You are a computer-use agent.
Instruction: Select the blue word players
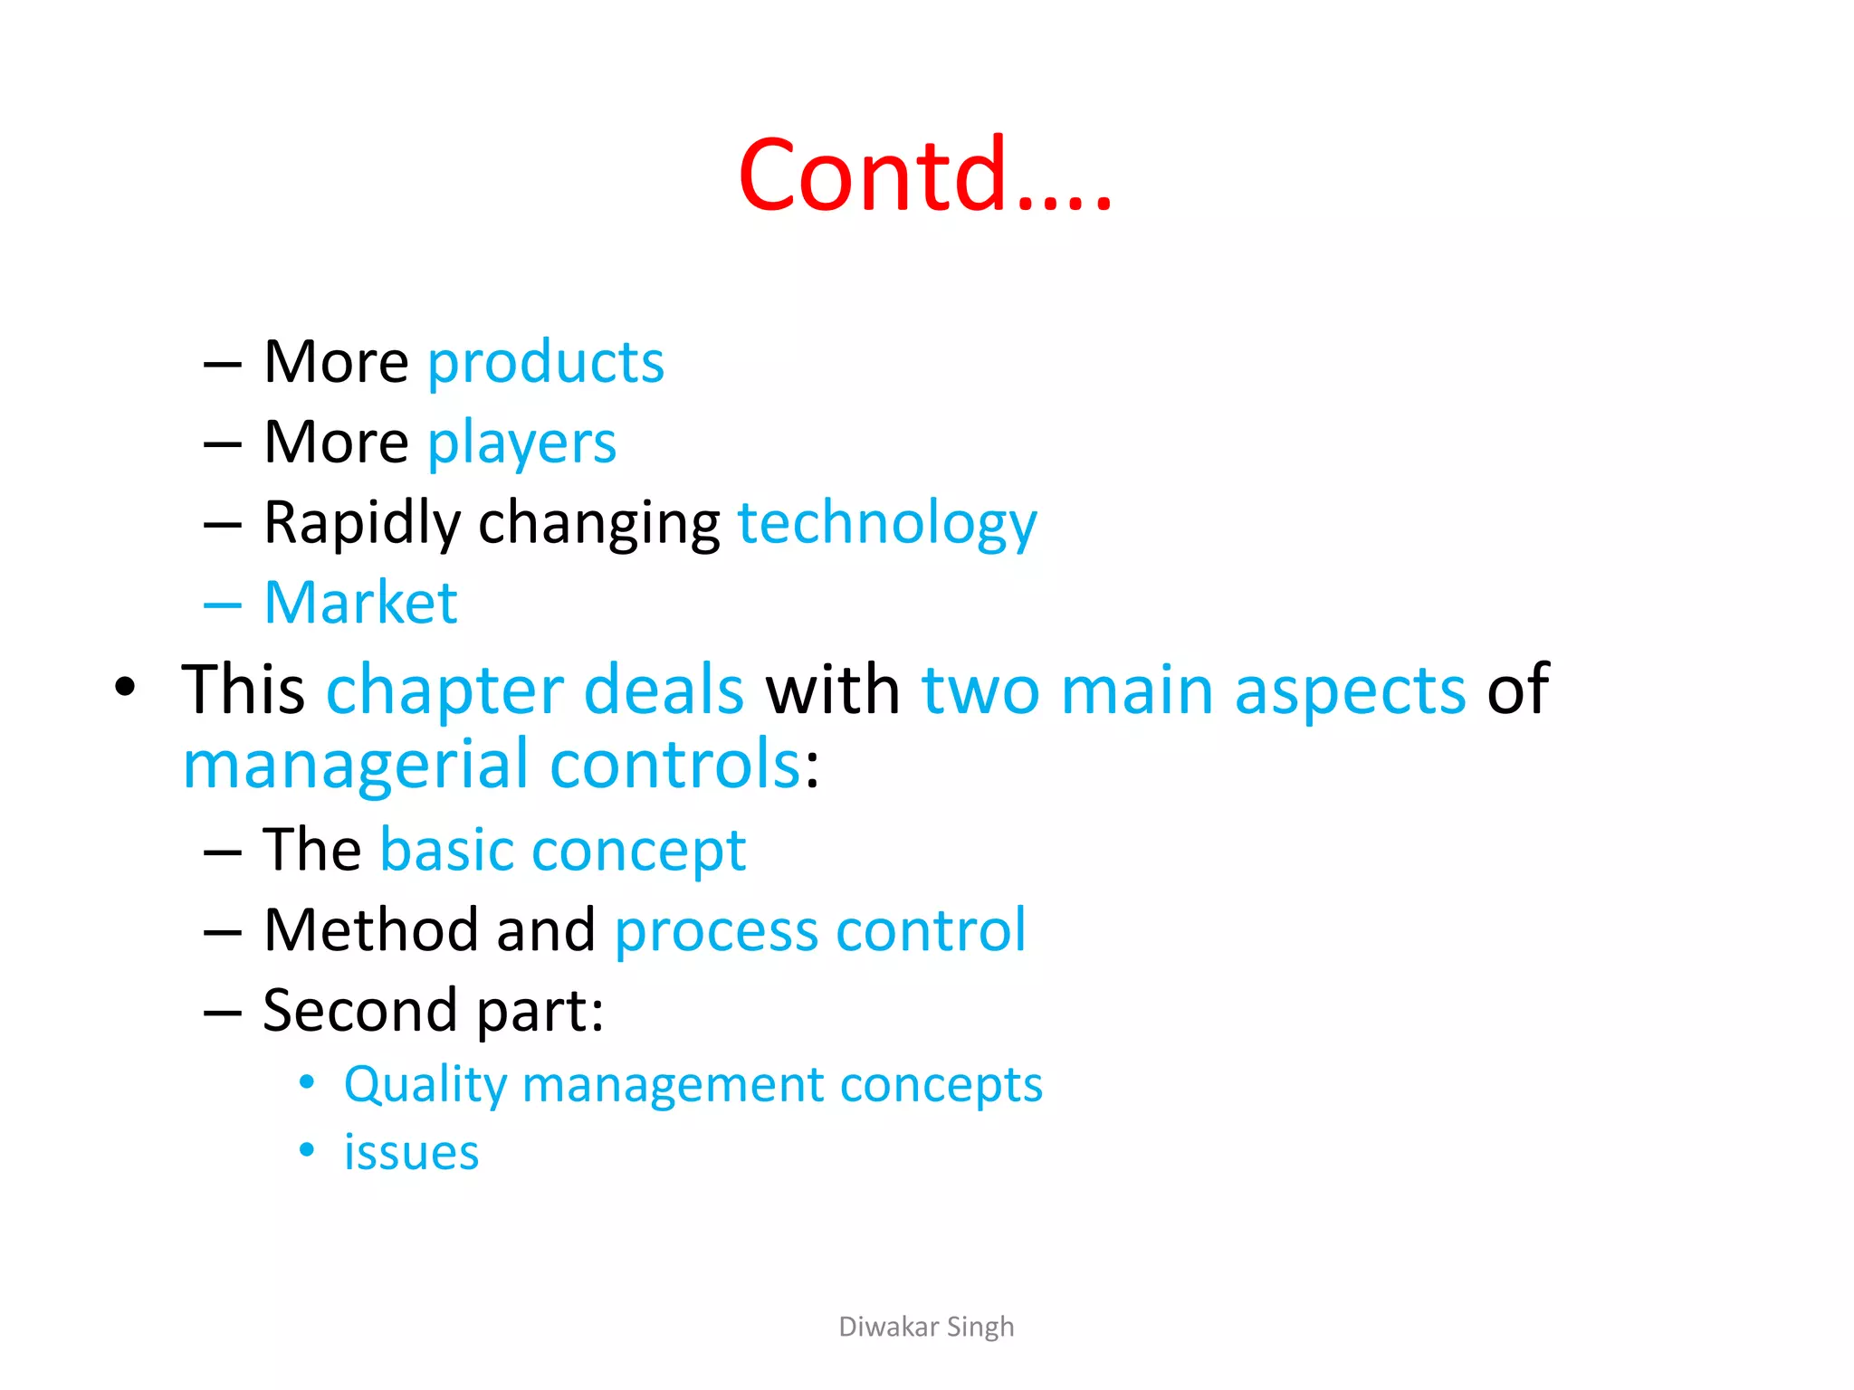(521, 443)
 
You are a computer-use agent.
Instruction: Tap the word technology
(887, 524)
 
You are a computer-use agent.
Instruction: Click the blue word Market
(360, 603)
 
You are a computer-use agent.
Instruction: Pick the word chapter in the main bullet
(444, 690)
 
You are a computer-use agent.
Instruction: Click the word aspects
(1350, 690)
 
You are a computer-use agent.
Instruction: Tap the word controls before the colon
(675, 765)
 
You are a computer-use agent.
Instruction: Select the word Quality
(425, 1085)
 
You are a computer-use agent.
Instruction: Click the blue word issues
(411, 1153)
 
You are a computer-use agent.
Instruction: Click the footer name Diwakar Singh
(926, 1327)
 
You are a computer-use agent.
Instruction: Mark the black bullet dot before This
(125, 687)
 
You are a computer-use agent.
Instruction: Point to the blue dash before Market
(223, 605)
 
